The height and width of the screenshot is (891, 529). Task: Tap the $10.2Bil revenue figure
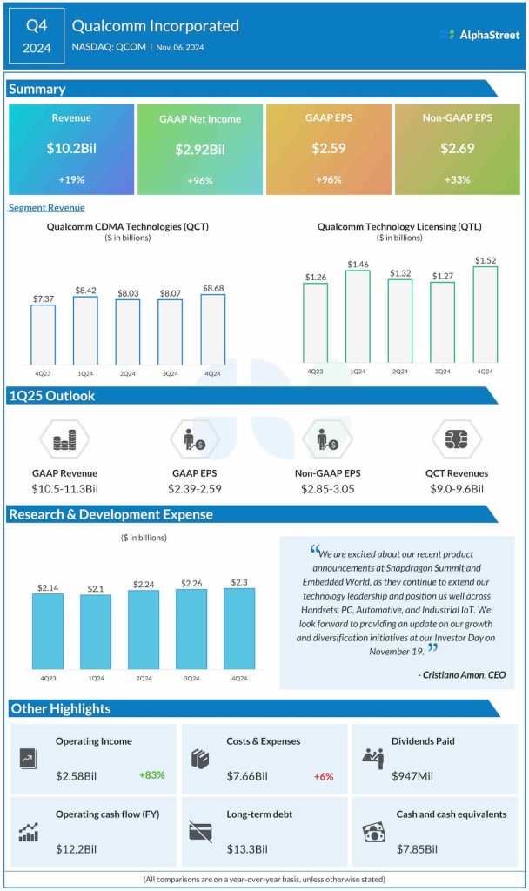(71, 149)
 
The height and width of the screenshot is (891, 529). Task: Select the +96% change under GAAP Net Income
(199, 180)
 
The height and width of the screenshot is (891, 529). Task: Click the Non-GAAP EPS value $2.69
(458, 149)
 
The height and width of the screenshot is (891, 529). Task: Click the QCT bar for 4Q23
(44, 334)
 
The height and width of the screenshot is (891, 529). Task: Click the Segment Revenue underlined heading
(47, 208)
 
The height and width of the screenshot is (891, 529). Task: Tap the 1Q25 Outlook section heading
(52, 396)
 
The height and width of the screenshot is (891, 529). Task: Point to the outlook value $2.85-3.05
(328, 489)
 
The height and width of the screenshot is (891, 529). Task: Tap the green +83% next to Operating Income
(151, 774)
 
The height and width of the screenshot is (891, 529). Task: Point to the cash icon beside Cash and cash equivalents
(374, 832)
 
